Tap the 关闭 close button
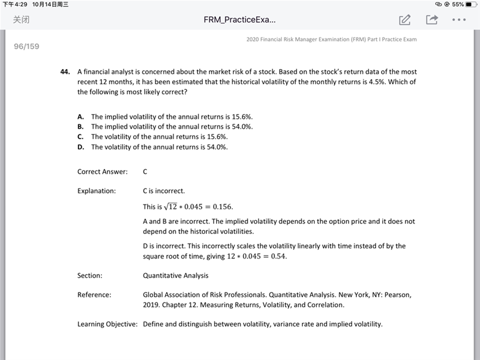coord(22,20)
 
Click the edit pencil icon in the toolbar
coord(405,20)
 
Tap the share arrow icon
coord(431,20)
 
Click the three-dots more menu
coord(458,20)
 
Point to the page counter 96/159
coord(26,46)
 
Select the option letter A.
coord(80,116)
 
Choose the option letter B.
coord(80,127)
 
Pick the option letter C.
coord(80,137)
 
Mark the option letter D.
coord(80,147)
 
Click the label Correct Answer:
coord(103,172)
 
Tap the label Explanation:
coord(97,191)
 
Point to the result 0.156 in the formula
coord(220,207)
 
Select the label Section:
coord(90,276)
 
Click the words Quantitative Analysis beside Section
coord(176,276)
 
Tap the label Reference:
coord(94,295)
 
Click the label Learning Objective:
coord(107,325)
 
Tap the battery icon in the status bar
coord(469,4)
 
